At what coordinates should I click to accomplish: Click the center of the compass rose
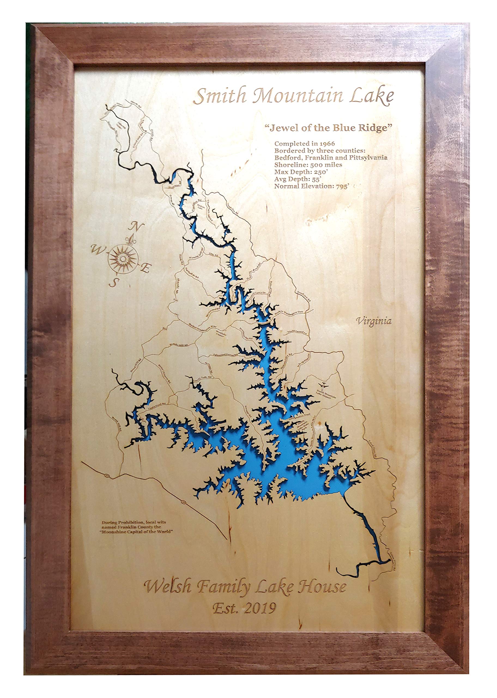point(122,259)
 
